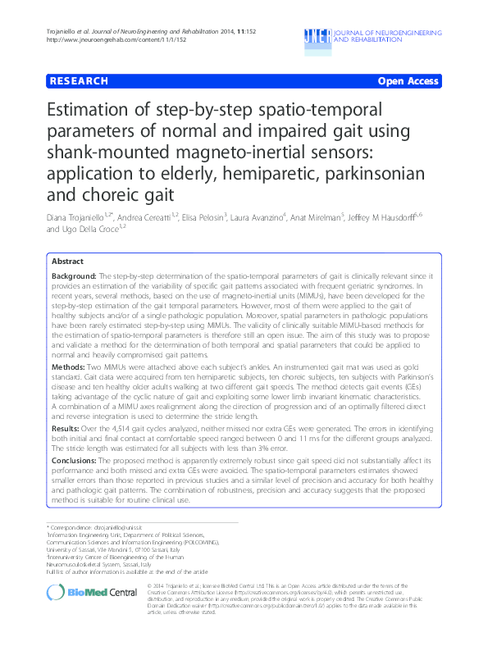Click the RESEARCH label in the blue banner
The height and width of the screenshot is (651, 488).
pyautogui.click(x=79, y=81)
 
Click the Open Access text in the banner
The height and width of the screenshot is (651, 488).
pyautogui.click(x=409, y=81)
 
